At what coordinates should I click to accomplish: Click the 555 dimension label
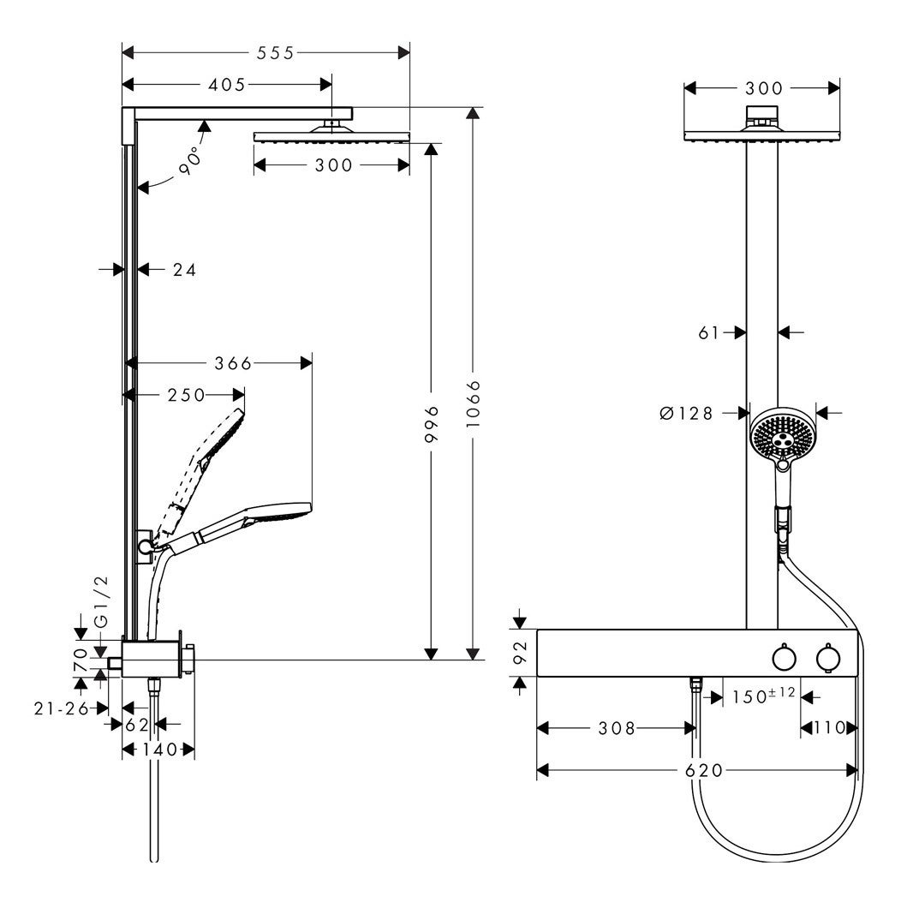(x=276, y=53)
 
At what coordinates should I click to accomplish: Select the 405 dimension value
(x=225, y=84)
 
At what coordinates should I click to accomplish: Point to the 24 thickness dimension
(x=184, y=270)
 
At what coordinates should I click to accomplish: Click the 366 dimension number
(x=233, y=363)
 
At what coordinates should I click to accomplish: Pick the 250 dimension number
(x=187, y=395)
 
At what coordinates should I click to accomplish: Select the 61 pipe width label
(x=708, y=332)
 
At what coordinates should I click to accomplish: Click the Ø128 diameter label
(x=687, y=414)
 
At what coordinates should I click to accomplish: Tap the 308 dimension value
(x=617, y=728)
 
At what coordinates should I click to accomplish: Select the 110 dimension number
(x=827, y=728)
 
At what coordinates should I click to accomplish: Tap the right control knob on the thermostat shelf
(x=827, y=658)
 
